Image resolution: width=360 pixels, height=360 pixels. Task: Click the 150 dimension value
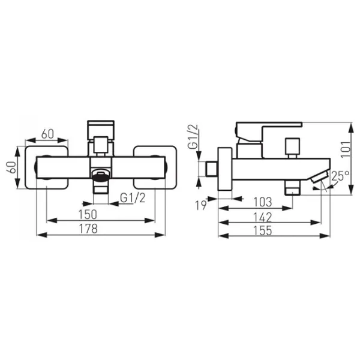click(88, 214)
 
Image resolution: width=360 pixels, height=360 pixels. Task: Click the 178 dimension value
click(88, 229)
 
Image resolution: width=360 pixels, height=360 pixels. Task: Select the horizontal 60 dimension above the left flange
click(47, 134)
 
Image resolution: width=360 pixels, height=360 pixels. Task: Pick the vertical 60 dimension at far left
click(12, 167)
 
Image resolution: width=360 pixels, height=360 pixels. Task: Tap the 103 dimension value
click(263, 202)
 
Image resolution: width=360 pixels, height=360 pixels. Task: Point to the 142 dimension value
click(263, 217)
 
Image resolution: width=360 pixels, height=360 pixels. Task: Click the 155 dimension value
click(263, 230)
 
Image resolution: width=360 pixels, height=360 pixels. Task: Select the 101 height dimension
click(346, 149)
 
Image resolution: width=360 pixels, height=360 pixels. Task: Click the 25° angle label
click(340, 176)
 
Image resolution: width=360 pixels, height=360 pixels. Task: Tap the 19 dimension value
click(201, 205)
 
